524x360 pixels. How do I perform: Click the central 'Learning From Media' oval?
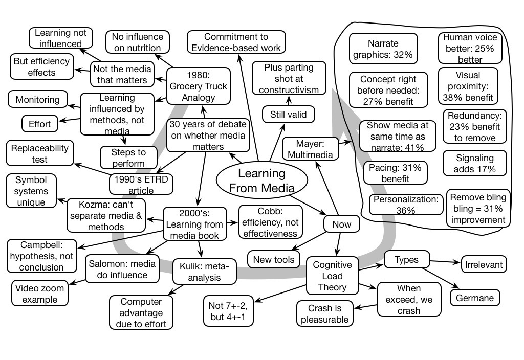click(x=261, y=181)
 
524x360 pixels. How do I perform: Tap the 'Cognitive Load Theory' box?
click(x=332, y=276)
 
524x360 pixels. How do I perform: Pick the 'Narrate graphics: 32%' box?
click(x=383, y=49)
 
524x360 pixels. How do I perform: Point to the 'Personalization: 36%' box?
click(x=405, y=205)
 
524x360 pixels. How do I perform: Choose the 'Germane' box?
click(x=474, y=297)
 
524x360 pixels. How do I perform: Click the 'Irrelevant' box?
click(x=484, y=265)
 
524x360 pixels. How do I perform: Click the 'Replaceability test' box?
click(x=39, y=154)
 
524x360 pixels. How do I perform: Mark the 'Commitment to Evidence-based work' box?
click(x=236, y=42)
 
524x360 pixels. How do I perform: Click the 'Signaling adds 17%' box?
click(x=474, y=163)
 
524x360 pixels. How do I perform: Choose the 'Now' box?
click(x=341, y=224)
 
